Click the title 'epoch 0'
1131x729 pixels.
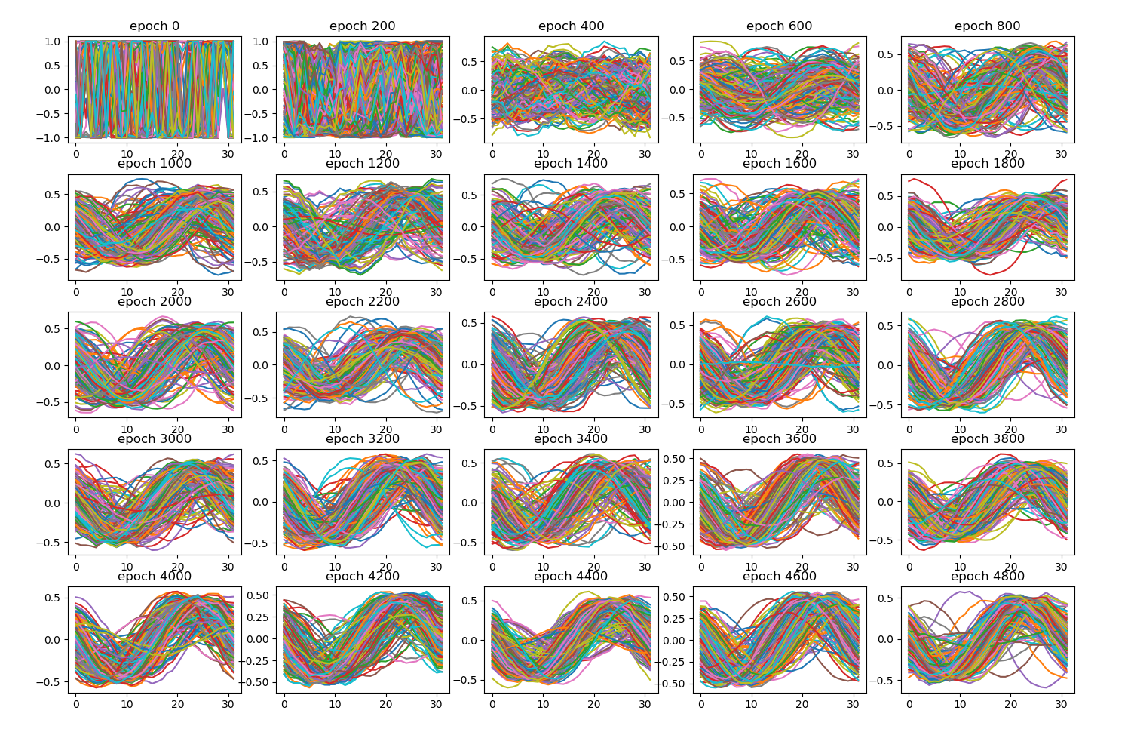tap(155, 26)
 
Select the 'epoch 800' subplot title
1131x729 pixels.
tap(987, 26)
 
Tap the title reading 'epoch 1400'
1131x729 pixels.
tap(571, 164)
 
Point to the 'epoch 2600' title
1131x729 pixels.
tap(779, 302)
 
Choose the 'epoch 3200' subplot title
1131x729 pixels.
tap(363, 439)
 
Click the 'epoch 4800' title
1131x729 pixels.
tap(987, 577)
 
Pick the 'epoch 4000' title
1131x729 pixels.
tap(155, 577)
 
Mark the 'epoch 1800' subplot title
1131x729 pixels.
tap(987, 164)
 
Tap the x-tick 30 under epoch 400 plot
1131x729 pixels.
tap(645, 154)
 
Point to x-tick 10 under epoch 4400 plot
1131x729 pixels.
tap(544, 704)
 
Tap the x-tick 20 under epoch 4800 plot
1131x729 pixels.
tap(1010, 704)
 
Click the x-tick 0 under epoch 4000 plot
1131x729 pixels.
tap(75, 704)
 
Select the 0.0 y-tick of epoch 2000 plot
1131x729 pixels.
tap(54, 366)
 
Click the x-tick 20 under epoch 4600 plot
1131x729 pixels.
tap(802, 704)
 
